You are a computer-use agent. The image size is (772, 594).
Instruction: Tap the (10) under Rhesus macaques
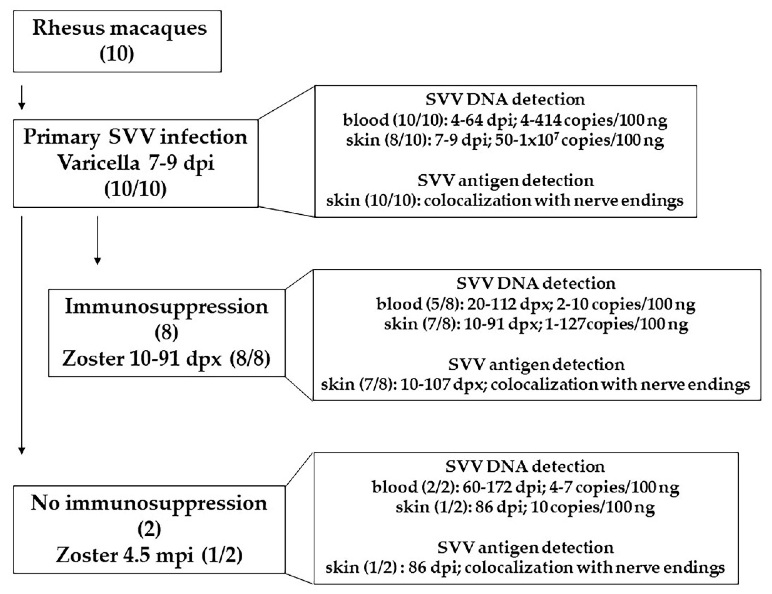click(x=117, y=55)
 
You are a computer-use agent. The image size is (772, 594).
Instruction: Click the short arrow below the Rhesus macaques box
click(x=22, y=97)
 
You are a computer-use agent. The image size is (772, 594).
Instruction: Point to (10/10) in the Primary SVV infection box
click(x=136, y=189)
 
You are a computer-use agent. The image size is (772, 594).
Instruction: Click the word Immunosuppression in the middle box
click(x=166, y=307)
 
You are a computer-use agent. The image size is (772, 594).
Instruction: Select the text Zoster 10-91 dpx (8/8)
click(x=166, y=359)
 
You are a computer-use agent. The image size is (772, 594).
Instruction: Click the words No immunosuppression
click(x=149, y=503)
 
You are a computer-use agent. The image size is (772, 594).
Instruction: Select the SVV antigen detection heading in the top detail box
click(x=505, y=181)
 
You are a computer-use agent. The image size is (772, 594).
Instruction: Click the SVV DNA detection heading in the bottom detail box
click(x=525, y=467)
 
